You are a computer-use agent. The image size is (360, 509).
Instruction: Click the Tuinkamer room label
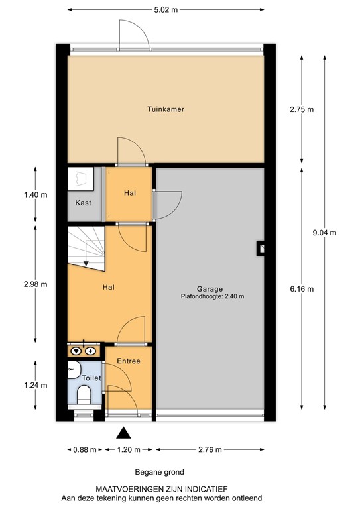pos(166,109)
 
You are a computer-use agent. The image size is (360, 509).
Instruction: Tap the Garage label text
pos(210,288)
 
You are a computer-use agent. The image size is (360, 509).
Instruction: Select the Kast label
pos(83,203)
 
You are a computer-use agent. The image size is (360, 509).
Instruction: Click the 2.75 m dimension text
pos(302,110)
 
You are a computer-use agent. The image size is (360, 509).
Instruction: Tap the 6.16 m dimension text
pos(302,288)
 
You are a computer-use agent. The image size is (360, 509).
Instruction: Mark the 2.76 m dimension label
pos(210,450)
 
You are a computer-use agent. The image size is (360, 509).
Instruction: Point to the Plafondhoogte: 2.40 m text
pos(210,296)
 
